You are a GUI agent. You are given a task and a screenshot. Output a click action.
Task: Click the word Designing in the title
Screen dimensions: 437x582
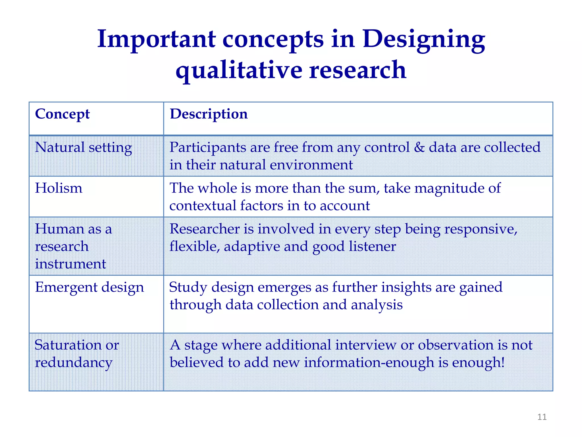point(424,40)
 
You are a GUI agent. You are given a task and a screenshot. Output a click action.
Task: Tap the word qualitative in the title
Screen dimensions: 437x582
point(239,71)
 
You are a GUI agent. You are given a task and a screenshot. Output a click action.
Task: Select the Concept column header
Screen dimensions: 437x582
point(62,114)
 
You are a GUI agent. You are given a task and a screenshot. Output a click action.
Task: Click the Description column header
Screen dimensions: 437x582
point(209,114)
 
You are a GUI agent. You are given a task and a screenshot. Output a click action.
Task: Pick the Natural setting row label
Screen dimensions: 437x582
point(83,148)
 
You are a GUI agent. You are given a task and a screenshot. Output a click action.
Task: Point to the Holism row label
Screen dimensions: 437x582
point(59,188)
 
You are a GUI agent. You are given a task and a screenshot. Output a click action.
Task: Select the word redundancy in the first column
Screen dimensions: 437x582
point(74,363)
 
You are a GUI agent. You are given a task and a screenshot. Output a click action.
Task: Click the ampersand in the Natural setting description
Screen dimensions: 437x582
point(419,147)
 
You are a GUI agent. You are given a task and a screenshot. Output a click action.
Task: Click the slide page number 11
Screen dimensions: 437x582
point(542,417)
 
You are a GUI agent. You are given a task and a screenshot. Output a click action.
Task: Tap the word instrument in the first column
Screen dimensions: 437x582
point(70,264)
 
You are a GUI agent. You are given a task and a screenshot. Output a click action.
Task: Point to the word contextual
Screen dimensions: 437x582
point(203,206)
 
